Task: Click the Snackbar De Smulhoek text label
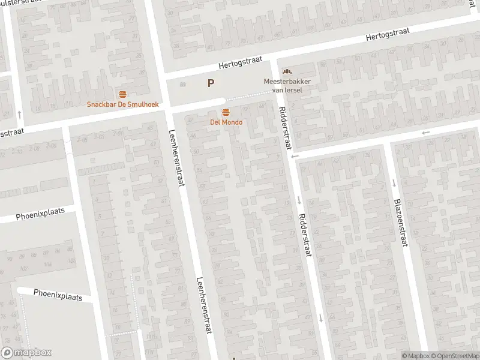pos(122,104)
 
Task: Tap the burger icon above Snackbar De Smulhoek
pos(122,94)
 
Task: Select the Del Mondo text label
pos(226,122)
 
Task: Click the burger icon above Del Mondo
pos(226,112)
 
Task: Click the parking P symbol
pos(211,84)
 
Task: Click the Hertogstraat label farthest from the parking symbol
pos(388,37)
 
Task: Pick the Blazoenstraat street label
pos(400,222)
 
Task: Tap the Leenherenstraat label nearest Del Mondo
pos(176,158)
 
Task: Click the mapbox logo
pos(26,353)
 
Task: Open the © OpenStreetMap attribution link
pos(454,356)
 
